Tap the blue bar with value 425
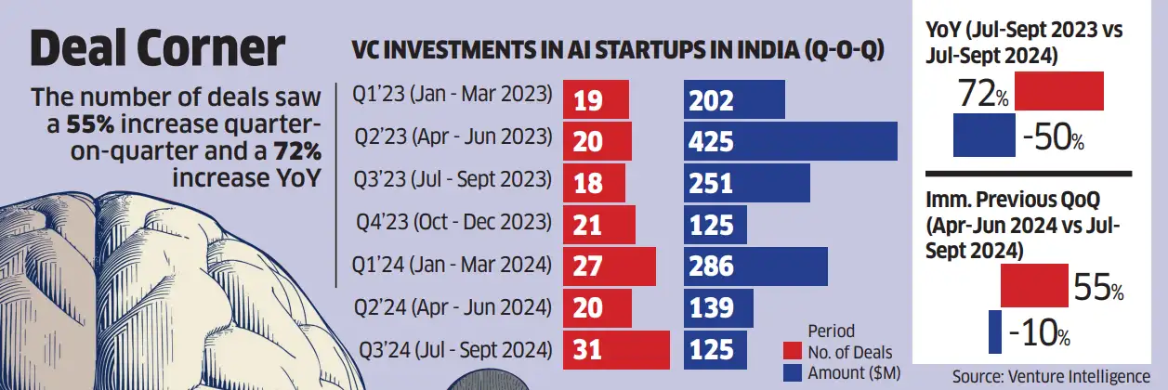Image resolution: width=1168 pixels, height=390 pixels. pyautogui.click(x=790, y=141)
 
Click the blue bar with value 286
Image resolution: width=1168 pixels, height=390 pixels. pyautogui.click(x=755, y=267)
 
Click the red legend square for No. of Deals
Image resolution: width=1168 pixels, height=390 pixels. pyautogui.click(x=792, y=352)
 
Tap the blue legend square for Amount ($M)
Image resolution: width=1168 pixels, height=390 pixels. pyautogui.click(x=792, y=372)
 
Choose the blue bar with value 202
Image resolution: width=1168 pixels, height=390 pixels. pyautogui.click(x=734, y=99)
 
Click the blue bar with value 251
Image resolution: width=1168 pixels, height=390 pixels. pyautogui.click(x=746, y=184)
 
